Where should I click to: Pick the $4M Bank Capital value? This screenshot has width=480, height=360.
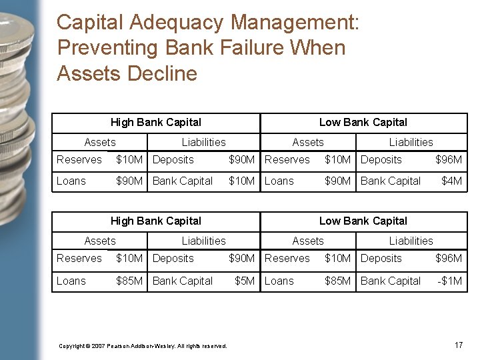click(452, 181)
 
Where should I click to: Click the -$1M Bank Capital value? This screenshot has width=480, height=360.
click(449, 281)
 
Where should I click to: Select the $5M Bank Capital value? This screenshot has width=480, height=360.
click(245, 281)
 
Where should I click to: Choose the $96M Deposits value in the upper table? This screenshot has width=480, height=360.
click(449, 159)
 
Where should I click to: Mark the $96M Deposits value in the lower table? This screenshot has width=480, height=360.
click(449, 258)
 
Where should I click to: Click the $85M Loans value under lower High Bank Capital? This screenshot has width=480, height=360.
click(129, 281)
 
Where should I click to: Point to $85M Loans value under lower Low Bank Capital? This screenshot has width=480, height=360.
click(337, 281)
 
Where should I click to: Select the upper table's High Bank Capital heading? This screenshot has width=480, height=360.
click(155, 122)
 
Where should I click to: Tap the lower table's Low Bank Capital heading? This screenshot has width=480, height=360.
click(363, 221)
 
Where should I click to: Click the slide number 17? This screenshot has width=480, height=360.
click(458, 345)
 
